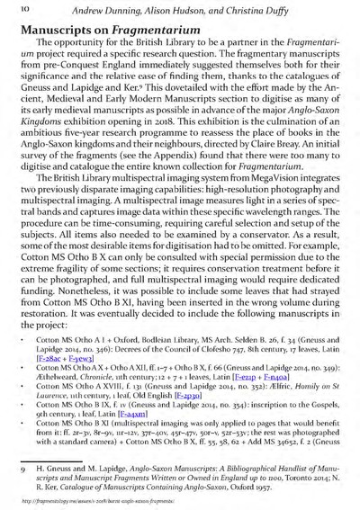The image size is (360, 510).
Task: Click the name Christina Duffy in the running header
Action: pos(283,10)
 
